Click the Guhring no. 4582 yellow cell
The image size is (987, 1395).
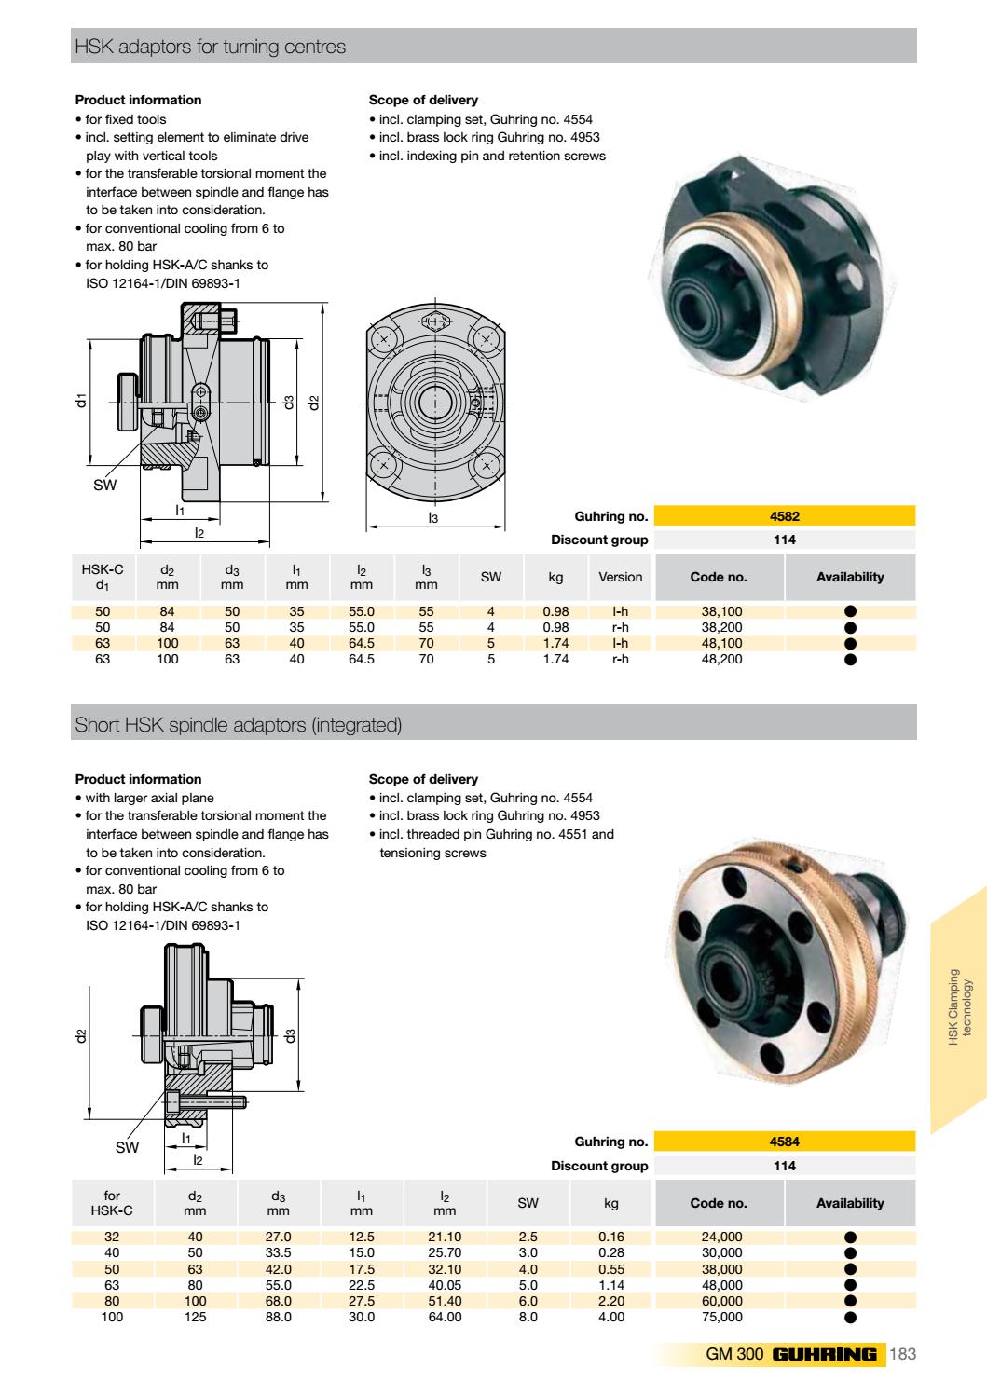784,516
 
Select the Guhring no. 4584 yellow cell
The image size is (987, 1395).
784,1142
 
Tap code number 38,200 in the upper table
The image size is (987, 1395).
721,627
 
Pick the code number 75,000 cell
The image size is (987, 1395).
721,1317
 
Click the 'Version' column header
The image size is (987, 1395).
620,577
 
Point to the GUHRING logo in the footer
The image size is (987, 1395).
824,1354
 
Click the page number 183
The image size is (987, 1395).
903,1354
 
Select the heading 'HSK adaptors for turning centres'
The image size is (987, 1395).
210,47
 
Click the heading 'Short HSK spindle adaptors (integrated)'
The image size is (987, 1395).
238,725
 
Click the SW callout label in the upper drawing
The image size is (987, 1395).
104,485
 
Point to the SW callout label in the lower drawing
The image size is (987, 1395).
127,1147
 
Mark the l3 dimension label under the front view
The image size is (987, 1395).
433,517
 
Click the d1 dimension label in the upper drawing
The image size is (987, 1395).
82,401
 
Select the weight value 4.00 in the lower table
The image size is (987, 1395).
610,1317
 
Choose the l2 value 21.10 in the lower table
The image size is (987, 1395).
445,1238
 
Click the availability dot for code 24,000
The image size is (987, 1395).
849,1238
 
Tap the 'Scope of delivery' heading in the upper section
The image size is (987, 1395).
423,100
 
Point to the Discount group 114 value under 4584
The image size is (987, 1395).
784,1166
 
